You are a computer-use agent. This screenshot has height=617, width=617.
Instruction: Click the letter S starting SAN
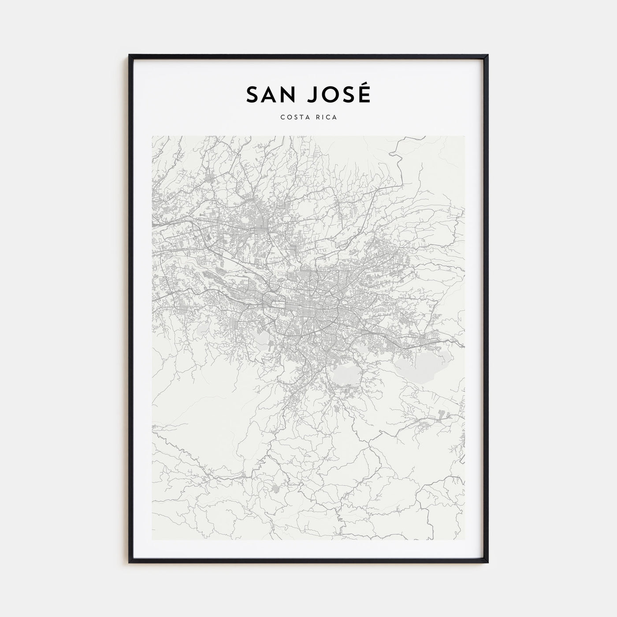point(253,94)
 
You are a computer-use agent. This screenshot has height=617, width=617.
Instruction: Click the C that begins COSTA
point(281,117)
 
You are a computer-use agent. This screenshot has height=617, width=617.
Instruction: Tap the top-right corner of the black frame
point(487,56)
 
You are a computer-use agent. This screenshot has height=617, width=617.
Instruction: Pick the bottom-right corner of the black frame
point(487,562)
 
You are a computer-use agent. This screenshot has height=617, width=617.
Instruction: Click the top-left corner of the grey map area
point(152,136)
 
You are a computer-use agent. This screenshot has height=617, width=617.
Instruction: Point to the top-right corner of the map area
point(465,136)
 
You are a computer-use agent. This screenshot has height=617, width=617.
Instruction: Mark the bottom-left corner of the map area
point(152,540)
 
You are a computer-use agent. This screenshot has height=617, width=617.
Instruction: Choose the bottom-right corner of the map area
point(465,540)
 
